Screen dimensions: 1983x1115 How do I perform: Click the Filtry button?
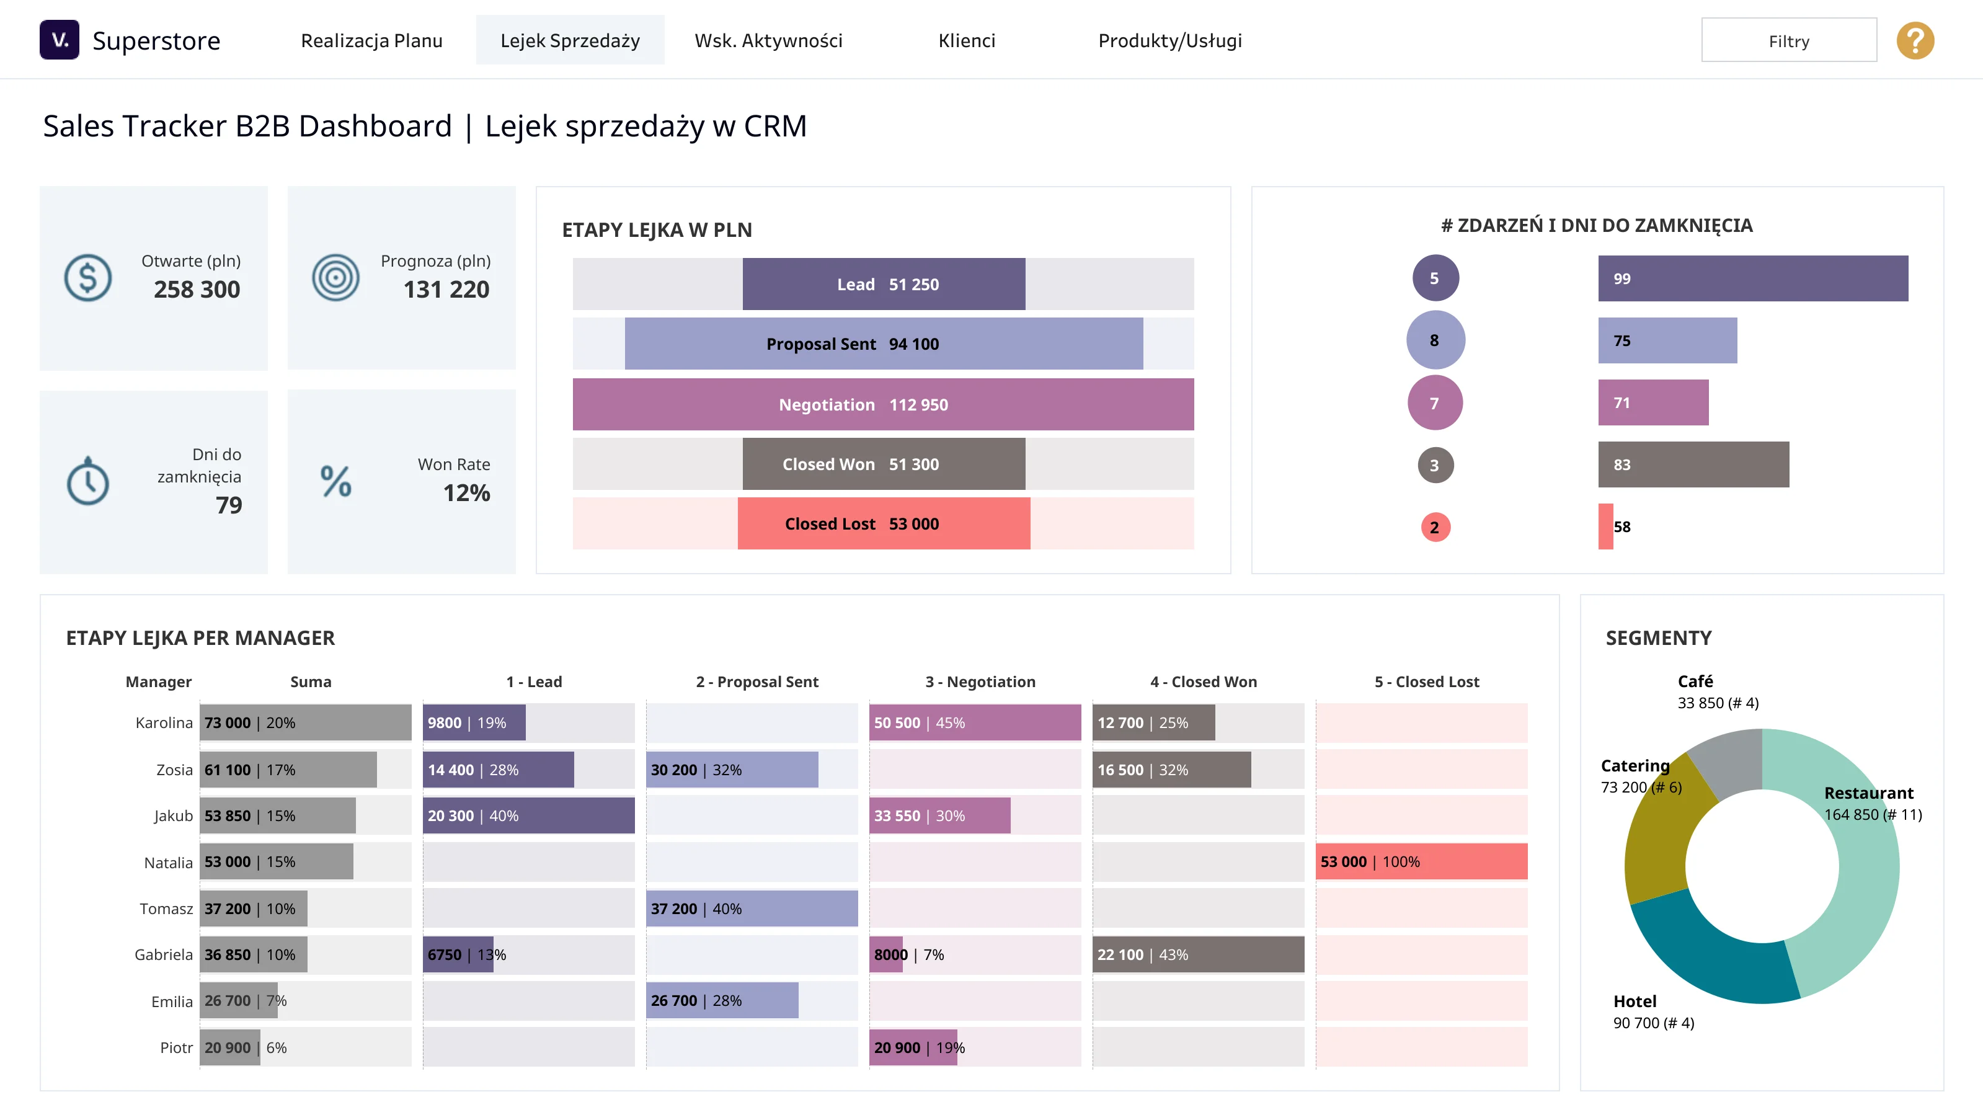click(x=1788, y=41)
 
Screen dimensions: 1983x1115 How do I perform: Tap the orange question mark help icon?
click(x=1915, y=41)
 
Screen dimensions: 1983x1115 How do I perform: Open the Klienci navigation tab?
click(x=967, y=41)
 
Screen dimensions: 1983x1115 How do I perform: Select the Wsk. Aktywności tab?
click(x=768, y=41)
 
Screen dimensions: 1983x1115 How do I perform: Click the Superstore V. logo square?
click(x=60, y=39)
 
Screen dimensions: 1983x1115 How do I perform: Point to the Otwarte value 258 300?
click(x=197, y=290)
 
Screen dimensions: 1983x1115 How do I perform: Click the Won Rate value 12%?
click(x=466, y=493)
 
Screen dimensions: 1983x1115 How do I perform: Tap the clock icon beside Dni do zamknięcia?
click(x=88, y=481)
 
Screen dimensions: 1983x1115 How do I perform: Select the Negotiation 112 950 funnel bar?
click(x=883, y=404)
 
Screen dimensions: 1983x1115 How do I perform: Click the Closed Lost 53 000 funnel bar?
click(x=884, y=523)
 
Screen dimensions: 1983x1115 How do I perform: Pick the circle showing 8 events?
click(x=1435, y=340)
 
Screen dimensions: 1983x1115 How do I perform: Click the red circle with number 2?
click(x=1435, y=528)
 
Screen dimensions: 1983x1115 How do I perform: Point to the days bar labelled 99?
click(x=1753, y=279)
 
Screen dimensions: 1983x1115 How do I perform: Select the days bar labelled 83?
click(x=1693, y=464)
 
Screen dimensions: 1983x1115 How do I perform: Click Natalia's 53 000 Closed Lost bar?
click(x=1421, y=861)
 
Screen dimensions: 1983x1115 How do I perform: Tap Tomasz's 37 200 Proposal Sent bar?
click(x=752, y=908)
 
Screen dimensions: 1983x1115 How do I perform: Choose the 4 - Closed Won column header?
click(x=1203, y=682)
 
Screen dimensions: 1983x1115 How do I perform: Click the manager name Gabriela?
click(x=163, y=955)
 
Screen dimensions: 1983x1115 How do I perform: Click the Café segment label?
click(x=1695, y=681)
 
